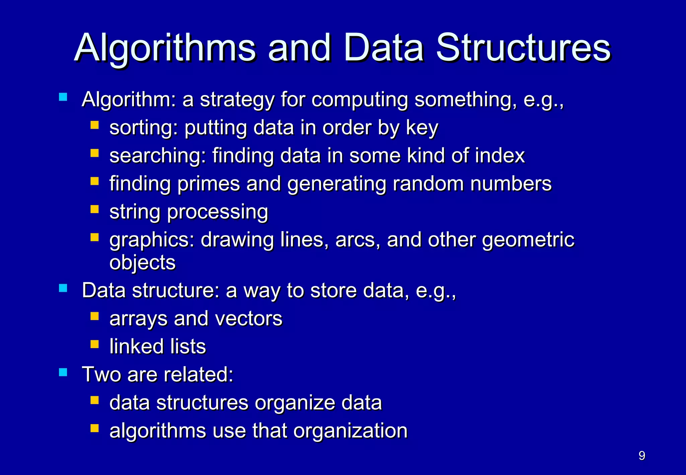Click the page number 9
[642, 456]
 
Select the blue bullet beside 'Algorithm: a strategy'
[63, 97]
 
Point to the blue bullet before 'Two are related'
[63, 372]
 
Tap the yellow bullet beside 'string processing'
[94, 209]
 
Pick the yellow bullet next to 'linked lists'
[94, 344]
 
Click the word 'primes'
[208, 184]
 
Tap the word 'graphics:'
[152, 240]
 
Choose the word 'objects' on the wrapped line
[142, 262]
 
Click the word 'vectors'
[249, 319]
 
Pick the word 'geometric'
[528, 240]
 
